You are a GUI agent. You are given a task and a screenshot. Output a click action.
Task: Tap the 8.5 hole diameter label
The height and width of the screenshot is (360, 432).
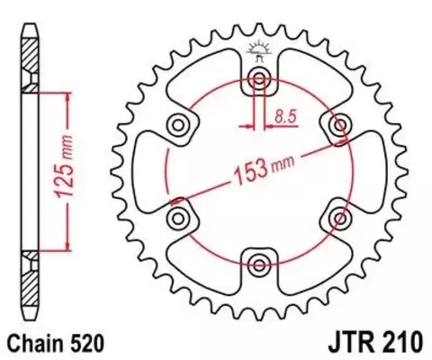pyautogui.click(x=285, y=117)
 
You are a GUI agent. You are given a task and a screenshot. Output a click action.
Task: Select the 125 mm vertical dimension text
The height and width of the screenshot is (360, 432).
pyautogui.click(x=64, y=166)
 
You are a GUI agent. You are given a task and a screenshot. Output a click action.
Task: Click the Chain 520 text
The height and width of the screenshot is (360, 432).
pyautogui.click(x=56, y=344)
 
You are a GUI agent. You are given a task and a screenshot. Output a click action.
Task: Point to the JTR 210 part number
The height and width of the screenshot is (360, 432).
pyautogui.click(x=376, y=343)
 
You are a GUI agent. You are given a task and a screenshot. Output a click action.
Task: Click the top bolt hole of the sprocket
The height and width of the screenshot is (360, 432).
pyautogui.click(x=259, y=79)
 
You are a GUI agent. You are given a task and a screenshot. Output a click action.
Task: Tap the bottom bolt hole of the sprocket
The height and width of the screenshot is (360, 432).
pyautogui.click(x=259, y=265)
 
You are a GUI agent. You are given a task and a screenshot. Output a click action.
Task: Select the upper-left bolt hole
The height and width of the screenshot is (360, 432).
pyautogui.click(x=178, y=125)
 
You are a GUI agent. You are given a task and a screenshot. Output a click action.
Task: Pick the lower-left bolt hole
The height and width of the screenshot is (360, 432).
pyautogui.click(x=178, y=219)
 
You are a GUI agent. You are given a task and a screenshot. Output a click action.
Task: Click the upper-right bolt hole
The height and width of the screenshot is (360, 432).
pyautogui.click(x=340, y=125)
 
